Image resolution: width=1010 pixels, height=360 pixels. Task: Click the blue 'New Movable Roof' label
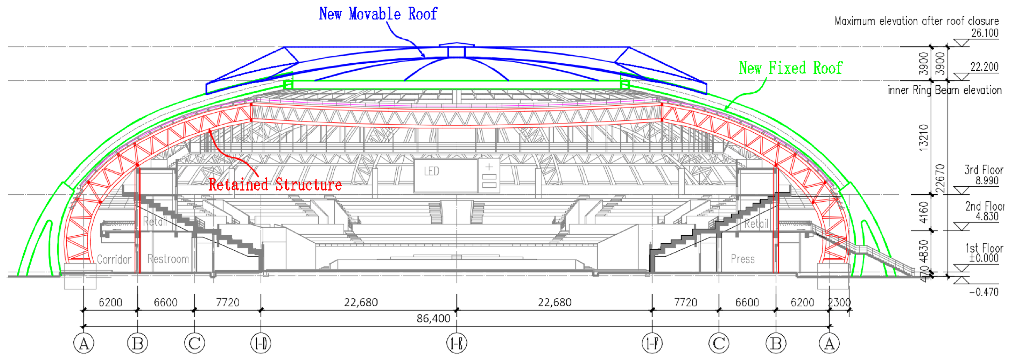point(378,14)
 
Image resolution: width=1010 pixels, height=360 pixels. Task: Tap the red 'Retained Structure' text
point(275,184)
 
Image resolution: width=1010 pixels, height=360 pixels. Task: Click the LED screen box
point(445,175)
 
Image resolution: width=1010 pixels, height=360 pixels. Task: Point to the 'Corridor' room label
point(114,260)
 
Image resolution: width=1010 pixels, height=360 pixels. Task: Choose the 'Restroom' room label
point(168,259)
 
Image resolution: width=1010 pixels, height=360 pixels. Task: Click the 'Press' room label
point(743,259)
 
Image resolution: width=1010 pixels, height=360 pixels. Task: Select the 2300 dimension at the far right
point(839,302)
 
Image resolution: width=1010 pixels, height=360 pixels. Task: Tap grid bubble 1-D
point(261,344)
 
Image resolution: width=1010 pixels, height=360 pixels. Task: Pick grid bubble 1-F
point(652,344)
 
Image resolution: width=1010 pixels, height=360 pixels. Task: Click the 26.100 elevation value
point(985,33)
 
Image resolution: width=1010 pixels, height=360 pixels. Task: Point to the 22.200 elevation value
point(984,66)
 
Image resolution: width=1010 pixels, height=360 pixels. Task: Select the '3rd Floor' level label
point(983,170)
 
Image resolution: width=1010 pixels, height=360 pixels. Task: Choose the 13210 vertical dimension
point(924,137)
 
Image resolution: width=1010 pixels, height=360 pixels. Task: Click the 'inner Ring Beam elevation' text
point(945,90)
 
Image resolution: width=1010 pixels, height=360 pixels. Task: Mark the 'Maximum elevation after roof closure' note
point(916,21)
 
